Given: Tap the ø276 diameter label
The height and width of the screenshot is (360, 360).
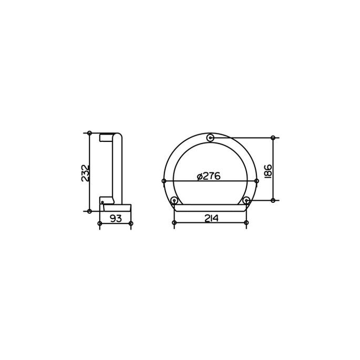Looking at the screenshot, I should (x=208, y=177).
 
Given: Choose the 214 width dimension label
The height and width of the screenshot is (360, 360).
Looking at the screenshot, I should (x=210, y=218).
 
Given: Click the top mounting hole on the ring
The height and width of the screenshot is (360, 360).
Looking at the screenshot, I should (x=210, y=138).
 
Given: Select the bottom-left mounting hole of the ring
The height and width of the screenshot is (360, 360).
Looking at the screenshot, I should (x=174, y=200).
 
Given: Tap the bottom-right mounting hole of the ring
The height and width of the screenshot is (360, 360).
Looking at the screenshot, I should (x=246, y=200).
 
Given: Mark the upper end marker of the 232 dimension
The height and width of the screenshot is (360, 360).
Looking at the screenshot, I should (x=90, y=132).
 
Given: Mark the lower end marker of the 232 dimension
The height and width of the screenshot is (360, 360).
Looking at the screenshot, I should (x=90, y=211).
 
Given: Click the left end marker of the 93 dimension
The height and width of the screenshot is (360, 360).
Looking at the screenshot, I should (x=100, y=223).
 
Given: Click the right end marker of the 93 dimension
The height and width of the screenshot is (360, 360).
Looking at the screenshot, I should (x=131, y=223).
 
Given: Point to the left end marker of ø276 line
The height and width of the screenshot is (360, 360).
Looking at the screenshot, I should (x=164, y=181).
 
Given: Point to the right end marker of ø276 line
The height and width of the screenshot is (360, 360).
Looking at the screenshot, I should (x=256, y=181).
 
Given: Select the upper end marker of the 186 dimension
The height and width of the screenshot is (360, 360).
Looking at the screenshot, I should (x=273, y=138).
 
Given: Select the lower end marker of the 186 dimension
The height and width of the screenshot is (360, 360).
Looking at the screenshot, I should (x=273, y=200).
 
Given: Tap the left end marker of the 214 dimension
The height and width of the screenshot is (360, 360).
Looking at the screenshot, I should (x=174, y=223).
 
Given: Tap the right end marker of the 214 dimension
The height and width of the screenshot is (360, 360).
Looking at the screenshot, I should (x=246, y=223).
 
